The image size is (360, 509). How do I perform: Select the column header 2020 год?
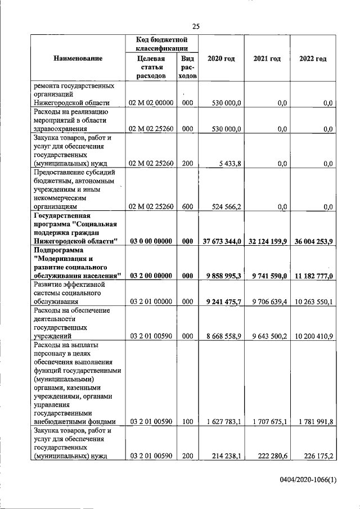[x=221, y=59]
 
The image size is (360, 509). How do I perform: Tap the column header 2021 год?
[x=267, y=59]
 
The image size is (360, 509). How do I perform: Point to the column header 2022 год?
[x=312, y=59]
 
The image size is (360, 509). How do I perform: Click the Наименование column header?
[x=78, y=59]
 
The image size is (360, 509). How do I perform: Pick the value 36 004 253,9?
[x=313, y=241]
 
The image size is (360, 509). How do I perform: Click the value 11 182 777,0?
[x=313, y=276]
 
